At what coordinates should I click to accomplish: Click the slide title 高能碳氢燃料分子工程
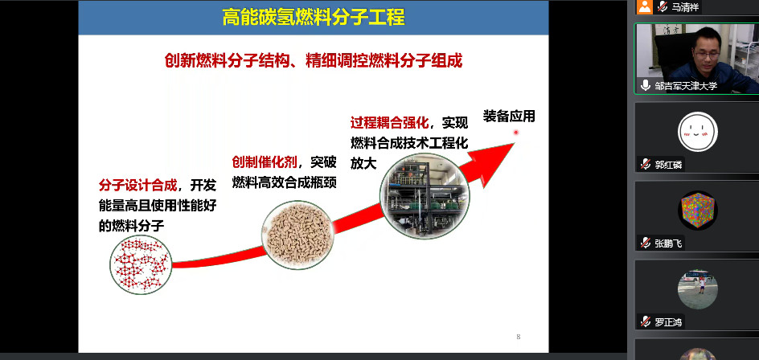[x=314, y=18]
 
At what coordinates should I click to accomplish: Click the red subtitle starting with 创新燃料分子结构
[x=314, y=61]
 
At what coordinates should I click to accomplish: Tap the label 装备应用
[x=509, y=117]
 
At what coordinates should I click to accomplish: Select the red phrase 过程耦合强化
[x=389, y=124]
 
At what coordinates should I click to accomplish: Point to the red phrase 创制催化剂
[x=265, y=162]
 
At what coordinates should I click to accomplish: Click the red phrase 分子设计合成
[x=137, y=186]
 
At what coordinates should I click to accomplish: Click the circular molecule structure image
[x=141, y=264]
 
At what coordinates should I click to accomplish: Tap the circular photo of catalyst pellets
[x=297, y=235]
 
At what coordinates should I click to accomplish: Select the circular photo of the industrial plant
[x=425, y=195]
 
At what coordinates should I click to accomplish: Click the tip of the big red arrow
[x=515, y=143]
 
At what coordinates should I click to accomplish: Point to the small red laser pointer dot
[x=516, y=132]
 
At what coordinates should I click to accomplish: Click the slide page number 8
[x=519, y=337]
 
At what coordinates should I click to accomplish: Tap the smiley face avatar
[x=698, y=132]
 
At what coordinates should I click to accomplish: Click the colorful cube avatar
[x=698, y=211]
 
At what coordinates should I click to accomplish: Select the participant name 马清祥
[x=685, y=7]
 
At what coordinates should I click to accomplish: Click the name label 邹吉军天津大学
[x=687, y=86]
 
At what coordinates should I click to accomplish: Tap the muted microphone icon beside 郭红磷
[x=645, y=165]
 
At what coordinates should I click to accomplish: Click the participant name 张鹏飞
[x=668, y=243]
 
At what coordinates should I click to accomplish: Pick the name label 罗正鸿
[x=668, y=321]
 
